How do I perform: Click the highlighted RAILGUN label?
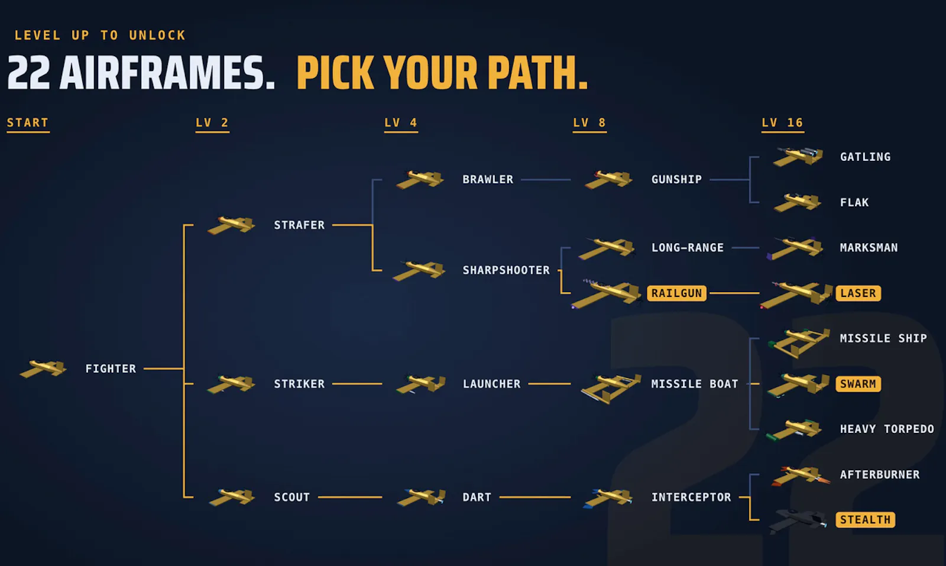(x=676, y=293)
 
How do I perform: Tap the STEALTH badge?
(x=866, y=519)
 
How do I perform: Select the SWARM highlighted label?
(x=858, y=384)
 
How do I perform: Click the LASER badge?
(x=858, y=293)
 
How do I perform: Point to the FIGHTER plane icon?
(x=43, y=368)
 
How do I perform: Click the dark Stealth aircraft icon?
(x=798, y=521)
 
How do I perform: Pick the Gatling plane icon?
(x=798, y=157)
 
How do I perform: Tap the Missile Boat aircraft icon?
(x=611, y=388)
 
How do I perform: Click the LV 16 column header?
(x=783, y=123)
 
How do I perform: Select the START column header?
(x=28, y=123)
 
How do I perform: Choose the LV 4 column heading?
(x=401, y=123)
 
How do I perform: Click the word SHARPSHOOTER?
(x=506, y=270)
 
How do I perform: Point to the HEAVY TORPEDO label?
(x=887, y=429)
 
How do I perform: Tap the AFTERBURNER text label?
(x=880, y=475)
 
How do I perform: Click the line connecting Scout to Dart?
(x=350, y=497)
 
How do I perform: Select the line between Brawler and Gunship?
(x=546, y=180)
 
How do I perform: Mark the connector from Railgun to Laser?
(x=734, y=293)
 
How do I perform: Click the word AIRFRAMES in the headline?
(x=167, y=73)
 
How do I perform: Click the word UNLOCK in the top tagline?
(x=157, y=35)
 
